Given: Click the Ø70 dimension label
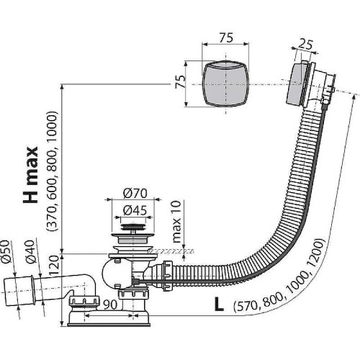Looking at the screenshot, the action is pyautogui.click(x=135, y=194).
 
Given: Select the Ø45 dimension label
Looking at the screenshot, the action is pyautogui.click(x=135, y=211).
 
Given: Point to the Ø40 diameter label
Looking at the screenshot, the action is pyautogui.click(x=30, y=251).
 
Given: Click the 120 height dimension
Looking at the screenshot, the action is pyautogui.click(x=53, y=265).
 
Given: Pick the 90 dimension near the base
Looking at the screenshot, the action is pyautogui.click(x=110, y=305).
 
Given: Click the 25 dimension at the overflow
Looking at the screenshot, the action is pyautogui.click(x=305, y=45).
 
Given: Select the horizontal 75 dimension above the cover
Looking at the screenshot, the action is pyautogui.click(x=225, y=37).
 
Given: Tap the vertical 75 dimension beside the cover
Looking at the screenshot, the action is pyautogui.click(x=180, y=81).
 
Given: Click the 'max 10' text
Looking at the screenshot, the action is pyautogui.click(x=176, y=222).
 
